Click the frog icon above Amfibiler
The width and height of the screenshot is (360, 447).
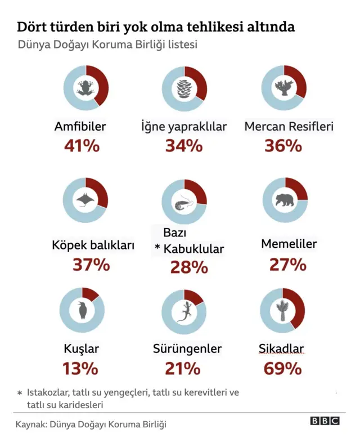pos(85,88)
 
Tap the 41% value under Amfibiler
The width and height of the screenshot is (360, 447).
pos(82,146)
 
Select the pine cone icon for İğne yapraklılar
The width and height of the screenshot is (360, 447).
pos(184,89)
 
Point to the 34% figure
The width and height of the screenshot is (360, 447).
pos(183,146)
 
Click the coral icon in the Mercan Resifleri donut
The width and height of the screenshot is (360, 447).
pos(283,88)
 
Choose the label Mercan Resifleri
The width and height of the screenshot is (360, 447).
pos(289,126)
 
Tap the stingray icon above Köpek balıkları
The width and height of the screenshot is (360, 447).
pos(85,200)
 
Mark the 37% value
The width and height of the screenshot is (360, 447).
pos(91,264)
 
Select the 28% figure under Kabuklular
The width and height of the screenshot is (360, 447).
pos(189,267)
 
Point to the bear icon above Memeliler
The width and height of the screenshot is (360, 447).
pos(285,200)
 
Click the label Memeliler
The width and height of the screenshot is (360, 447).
pos(289,244)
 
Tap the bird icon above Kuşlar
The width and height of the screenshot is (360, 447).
pos(83,310)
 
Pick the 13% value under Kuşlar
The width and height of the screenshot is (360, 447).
pos(80,369)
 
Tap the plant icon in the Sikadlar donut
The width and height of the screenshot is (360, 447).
pos(283,311)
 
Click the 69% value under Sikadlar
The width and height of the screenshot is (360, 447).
pos(282,369)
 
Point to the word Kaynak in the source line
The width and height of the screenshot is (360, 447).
pos(31,424)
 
